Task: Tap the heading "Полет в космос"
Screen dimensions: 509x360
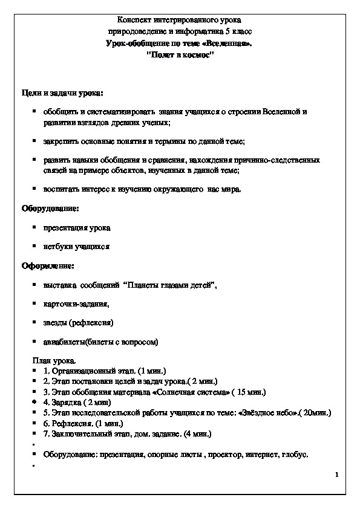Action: pyautogui.click(x=180, y=54)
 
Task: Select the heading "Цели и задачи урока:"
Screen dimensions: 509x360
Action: pyautogui.click(x=62, y=93)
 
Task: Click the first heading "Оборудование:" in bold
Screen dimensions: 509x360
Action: pyautogui.click(x=50, y=208)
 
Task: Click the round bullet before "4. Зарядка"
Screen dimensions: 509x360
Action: pyautogui.click(x=35, y=401)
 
